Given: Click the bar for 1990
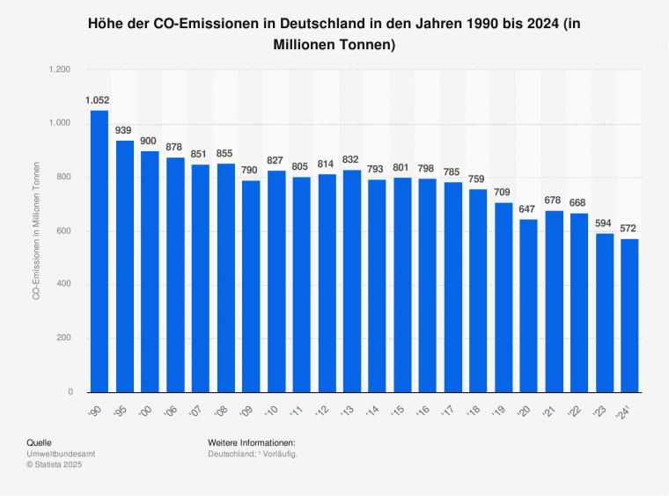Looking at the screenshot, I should click(99, 251).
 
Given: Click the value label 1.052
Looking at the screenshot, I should click(98, 100).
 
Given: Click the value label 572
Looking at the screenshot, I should click(630, 229).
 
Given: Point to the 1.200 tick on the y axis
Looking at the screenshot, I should click(58, 69).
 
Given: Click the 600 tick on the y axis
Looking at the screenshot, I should click(62, 231).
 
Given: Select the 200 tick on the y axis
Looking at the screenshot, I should click(62, 339).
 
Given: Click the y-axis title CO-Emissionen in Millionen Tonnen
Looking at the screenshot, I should click(36, 230).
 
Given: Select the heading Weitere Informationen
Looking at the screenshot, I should click(252, 442).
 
